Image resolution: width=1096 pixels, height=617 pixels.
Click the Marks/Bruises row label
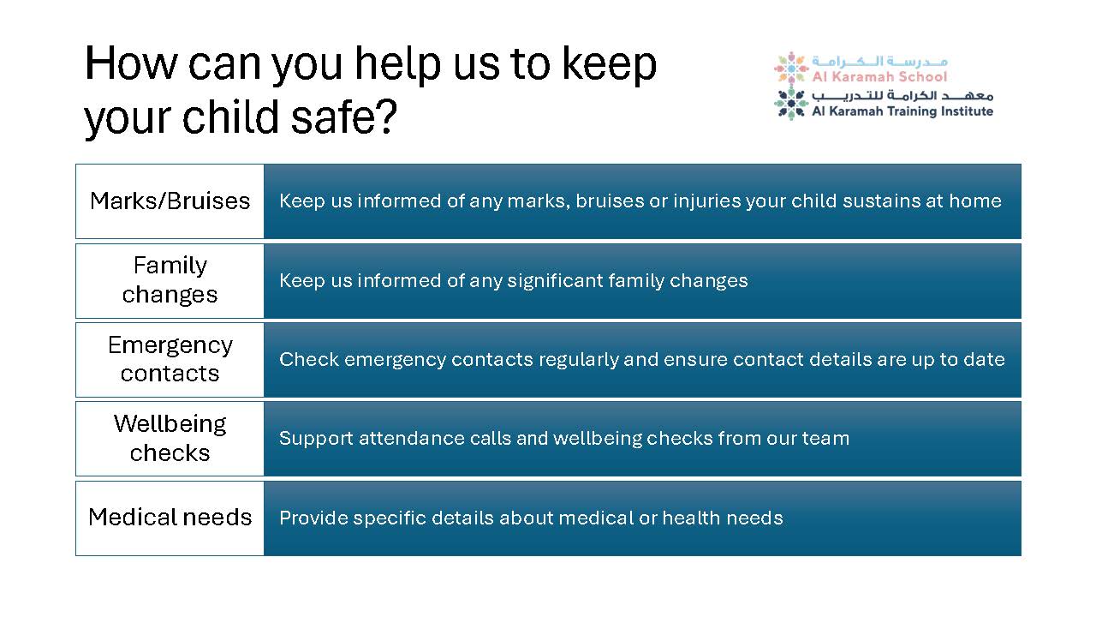tap(170, 201)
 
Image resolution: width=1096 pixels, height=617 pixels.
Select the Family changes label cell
tap(170, 280)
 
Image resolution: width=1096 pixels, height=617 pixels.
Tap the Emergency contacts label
tap(170, 360)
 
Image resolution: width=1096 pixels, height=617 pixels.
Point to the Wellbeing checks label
tap(170, 439)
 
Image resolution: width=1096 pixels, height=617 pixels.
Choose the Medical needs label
tap(170, 518)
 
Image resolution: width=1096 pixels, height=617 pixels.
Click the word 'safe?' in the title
tap(344, 117)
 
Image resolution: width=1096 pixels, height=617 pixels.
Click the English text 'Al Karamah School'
tap(879, 76)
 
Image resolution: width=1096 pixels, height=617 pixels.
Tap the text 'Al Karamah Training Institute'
tap(902, 111)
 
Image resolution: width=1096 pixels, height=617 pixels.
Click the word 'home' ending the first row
tap(975, 201)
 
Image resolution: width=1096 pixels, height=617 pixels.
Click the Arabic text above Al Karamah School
tap(879, 61)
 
